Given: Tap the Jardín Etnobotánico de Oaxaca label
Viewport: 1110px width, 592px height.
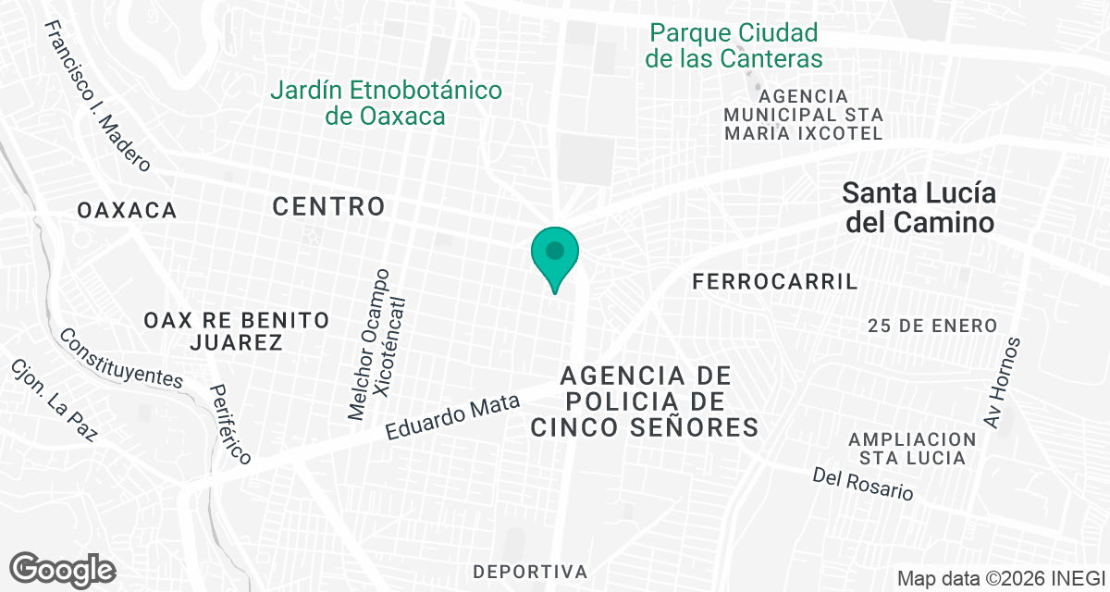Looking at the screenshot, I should point(386,103).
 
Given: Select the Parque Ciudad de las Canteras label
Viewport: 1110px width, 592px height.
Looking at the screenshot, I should point(735,46).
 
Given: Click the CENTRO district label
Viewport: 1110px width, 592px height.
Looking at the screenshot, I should point(328,206).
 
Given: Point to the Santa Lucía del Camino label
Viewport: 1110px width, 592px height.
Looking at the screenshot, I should point(919,208).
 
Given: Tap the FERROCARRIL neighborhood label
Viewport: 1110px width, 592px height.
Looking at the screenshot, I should point(775,282).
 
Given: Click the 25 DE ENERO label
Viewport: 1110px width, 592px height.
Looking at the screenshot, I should point(932,326).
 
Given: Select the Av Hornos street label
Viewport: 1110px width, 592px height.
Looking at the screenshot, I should point(1003,382).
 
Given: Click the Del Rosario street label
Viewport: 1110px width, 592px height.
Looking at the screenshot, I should point(863,483).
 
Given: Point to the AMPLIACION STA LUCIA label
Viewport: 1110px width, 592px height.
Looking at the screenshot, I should point(913,448).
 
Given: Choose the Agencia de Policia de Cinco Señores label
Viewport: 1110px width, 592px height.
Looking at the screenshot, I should point(645,401).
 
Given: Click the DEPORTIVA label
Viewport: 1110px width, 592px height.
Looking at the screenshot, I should point(530,570).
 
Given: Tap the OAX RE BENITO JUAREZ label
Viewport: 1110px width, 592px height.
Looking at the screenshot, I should point(237,331).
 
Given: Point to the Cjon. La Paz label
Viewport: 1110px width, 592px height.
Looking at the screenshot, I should point(53,400).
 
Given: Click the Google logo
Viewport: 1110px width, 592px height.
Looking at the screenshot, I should point(62,568).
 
